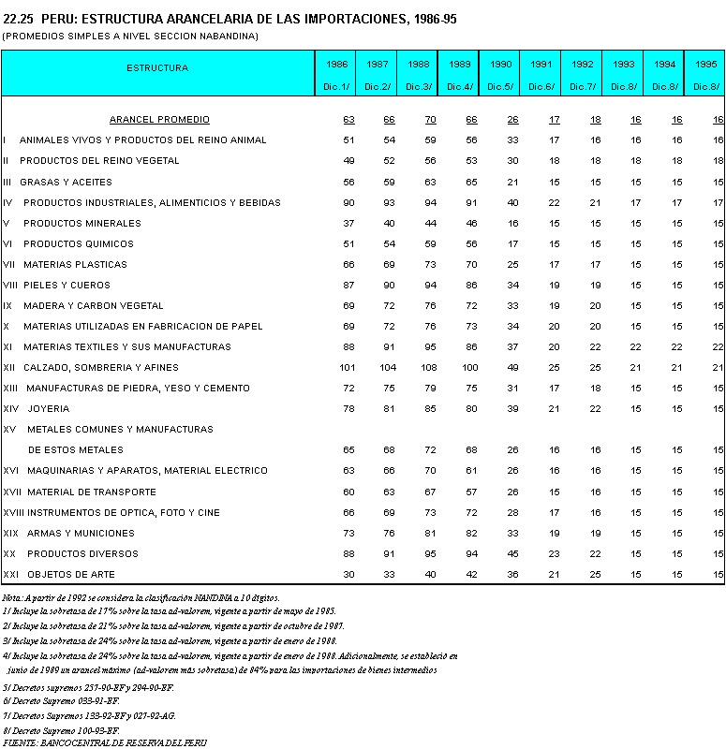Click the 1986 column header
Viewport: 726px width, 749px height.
pyautogui.click(x=337, y=64)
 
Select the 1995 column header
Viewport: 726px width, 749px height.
pyautogui.click(x=705, y=64)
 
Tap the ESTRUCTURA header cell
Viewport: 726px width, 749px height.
pyautogui.click(x=157, y=67)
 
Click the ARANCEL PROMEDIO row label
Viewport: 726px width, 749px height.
pyautogui.click(x=159, y=120)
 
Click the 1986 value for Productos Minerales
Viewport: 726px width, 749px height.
pyautogui.click(x=348, y=224)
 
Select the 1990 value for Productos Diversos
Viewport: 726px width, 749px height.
pyautogui.click(x=512, y=553)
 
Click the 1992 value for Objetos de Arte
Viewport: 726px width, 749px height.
pyautogui.click(x=595, y=574)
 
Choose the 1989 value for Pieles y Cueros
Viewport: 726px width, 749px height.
pyautogui.click(x=471, y=286)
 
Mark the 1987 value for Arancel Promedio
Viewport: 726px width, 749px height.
pyautogui.click(x=389, y=120)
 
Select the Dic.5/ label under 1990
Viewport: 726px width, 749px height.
pyautogui.click(x=500, y=86)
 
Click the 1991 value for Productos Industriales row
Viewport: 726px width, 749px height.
pyautogui.click(x=554, y=203)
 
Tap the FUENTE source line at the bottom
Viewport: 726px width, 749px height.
pyautogui.click(x=104, y=742)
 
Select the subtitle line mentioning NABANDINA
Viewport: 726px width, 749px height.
pyautogui.click(x=130, y=36)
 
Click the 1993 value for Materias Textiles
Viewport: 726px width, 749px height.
pyautogui.click(x=636, y=347)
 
